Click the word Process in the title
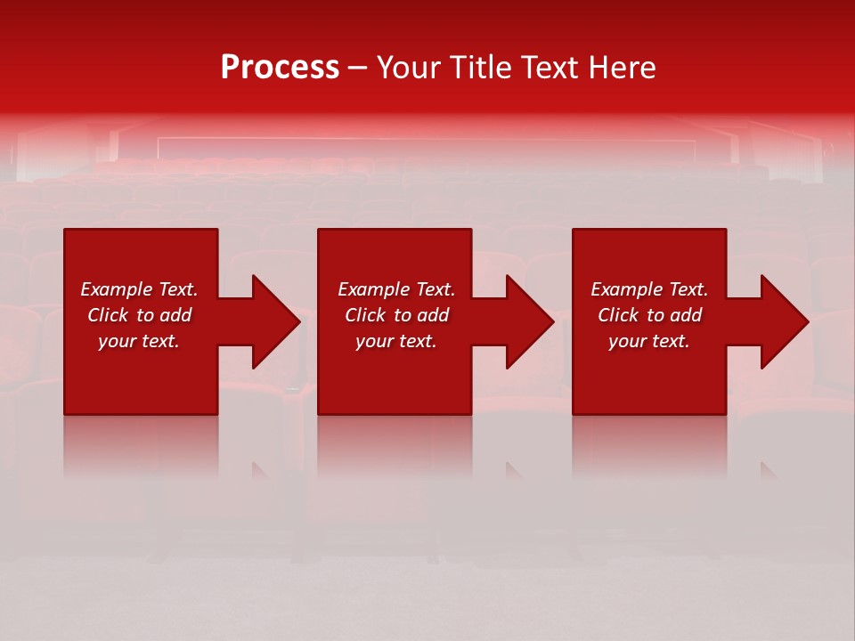[280, 68]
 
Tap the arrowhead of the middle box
[528, 321]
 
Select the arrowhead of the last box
[783, 321]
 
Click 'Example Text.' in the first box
[139, 289]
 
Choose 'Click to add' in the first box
[139, 315]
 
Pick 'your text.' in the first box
[139, 341]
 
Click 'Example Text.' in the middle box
[396, 289]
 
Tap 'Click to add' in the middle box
[396, 315]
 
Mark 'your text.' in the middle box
[396, 341]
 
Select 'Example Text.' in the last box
[649, 289]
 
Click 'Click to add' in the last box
[649, 315]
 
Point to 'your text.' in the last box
[649, 341]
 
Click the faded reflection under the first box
[141, 445]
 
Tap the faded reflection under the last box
[649, 445]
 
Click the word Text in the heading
[545, 68]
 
